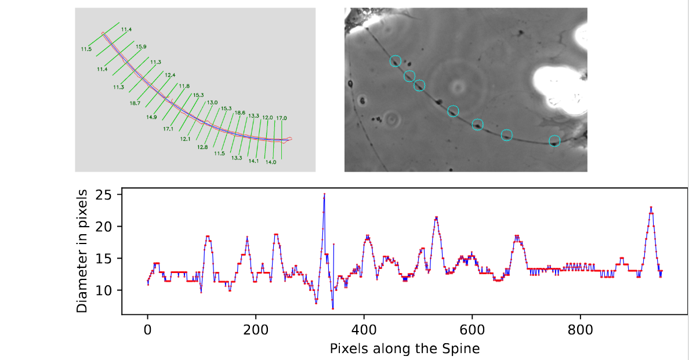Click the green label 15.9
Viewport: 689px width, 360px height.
[x=141, y=46]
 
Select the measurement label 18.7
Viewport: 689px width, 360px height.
[x=135, y=103]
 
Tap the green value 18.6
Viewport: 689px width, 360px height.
[x=240, y=112]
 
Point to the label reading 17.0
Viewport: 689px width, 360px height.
[x=281, y=118]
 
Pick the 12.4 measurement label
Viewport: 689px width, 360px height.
[x=170, y=75]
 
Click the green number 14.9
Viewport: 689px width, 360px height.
[x=151, y=117]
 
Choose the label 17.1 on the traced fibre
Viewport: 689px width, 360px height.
[x=169, y=129]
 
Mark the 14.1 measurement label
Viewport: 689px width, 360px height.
[x=253, y=161]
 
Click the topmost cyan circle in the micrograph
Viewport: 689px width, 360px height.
[x=395, y=61]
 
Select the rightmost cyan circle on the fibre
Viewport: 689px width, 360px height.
[x=554, y=140]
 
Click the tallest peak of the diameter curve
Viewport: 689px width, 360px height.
[x=324, y=195]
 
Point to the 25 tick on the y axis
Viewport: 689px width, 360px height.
[x=111, y=195]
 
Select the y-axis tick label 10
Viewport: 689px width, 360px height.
[x=111, y=290]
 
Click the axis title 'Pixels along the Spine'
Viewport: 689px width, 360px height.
[x=404, y=348]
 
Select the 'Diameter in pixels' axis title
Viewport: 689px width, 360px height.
[x=83, y=250]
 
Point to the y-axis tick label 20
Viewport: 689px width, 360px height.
[x=111, y=227]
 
